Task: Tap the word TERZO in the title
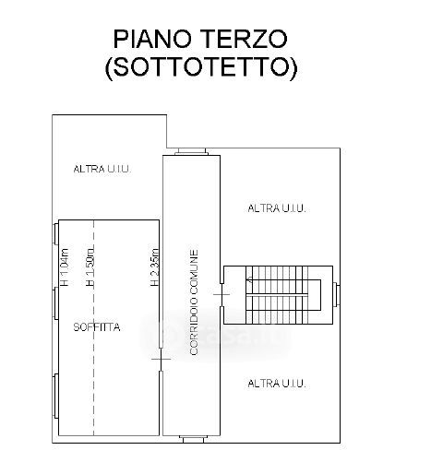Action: coord(245,39)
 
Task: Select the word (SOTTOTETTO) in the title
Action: coord(201,67)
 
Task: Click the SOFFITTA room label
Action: coord(97,327)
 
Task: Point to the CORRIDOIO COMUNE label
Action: coord(194,302)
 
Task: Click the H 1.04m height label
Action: coord(65,267)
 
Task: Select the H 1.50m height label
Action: coord(90,267)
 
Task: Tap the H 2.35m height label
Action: coord(155,267)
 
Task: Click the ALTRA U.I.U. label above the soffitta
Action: coord(102,169)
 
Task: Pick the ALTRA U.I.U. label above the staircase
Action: coord(277,208)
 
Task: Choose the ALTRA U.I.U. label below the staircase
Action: coord(277,384)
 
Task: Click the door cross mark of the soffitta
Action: coord(161,359)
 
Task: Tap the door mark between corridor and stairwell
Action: coord(221,294)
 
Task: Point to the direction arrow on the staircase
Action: coord(250,279)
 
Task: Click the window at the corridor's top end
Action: coord(191,151)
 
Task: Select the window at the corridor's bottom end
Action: coord(193,439)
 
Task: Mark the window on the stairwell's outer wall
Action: coord(337,294)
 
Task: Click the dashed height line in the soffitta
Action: coord(93,327)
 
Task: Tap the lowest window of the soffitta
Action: coord(55,396)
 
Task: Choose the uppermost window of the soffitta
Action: coord(55,233)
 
